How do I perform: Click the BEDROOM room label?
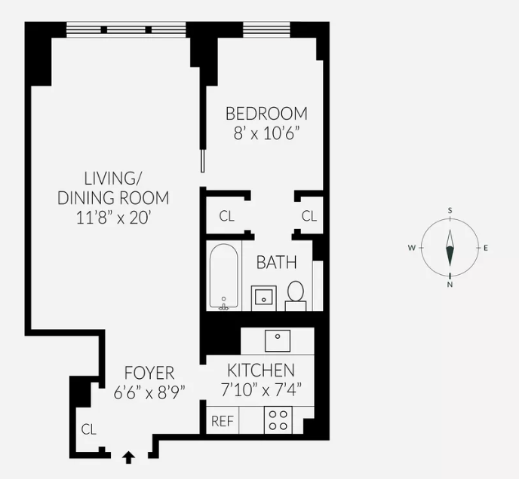267,114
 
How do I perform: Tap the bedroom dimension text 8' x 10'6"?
267,133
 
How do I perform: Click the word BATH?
276,263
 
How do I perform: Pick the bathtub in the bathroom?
224,276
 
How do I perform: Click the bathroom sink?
263,295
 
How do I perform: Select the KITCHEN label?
261,371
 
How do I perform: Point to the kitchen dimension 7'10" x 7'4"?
261,390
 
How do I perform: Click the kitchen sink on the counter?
278,340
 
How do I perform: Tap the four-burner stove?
278,420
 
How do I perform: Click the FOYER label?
149,373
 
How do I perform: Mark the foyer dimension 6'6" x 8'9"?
149,392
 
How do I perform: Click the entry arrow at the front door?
128,455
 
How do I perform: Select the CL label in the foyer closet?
89,430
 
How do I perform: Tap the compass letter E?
486,248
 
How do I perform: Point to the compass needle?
450,248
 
